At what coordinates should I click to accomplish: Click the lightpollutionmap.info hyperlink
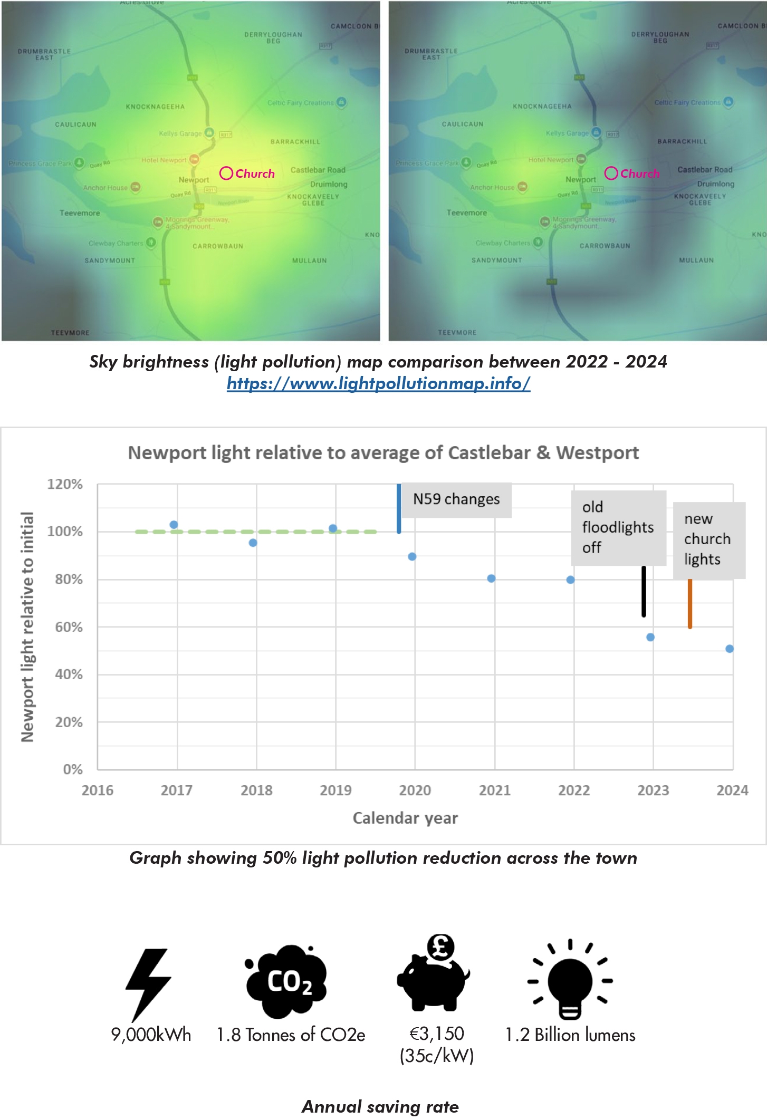378,383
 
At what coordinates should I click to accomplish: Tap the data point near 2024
729,649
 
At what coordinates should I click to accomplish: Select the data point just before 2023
650,637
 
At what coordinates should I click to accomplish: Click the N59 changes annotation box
456,499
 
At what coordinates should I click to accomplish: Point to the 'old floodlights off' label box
618,528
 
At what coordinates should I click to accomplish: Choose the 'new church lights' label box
708,539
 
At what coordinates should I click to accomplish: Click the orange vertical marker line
689,604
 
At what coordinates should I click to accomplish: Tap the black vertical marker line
644,591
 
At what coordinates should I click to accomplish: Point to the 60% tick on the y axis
69,627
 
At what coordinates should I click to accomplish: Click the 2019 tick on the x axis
335,790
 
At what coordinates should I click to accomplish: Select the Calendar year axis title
405,818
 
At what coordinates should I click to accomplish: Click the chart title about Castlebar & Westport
383,453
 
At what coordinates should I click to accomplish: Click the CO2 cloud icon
287,981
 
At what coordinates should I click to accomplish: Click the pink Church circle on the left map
226,173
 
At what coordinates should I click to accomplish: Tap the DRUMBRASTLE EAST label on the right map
431,54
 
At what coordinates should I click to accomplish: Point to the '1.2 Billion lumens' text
570,1035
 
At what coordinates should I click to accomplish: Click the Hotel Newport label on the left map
164,160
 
